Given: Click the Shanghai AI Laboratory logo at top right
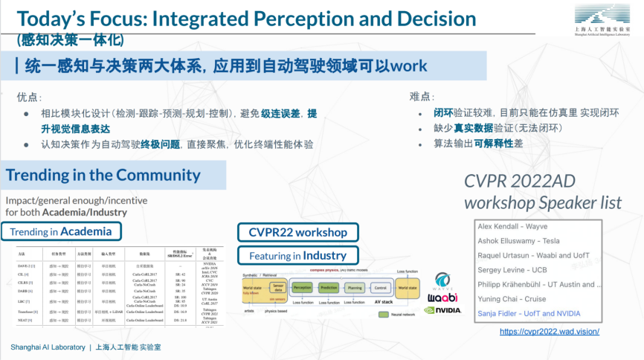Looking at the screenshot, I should click(x=602, y=20).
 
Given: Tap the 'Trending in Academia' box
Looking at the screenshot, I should click(x=61, y=231).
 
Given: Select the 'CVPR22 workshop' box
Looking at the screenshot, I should click(x=297, y=233).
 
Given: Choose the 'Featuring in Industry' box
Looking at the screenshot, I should click(x=297, y=256).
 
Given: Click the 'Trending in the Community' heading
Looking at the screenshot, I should click(x=103, y=176).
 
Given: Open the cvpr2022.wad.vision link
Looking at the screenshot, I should click(x=549, y=331).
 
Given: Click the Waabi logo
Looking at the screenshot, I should click(x=442, y=297).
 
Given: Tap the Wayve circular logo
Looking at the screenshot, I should click(x=443, y=280).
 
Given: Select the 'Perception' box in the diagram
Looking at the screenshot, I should click(x=302, y=286).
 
